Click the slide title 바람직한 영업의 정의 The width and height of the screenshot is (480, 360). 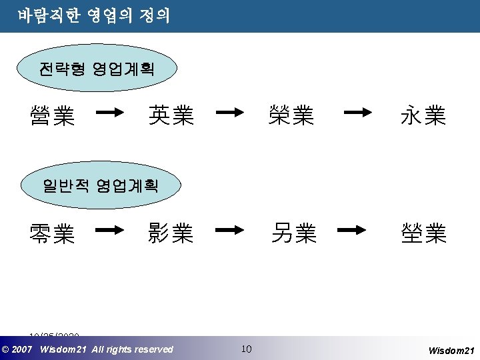pos(94,15)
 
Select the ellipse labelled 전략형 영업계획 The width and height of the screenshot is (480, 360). pos(97,68)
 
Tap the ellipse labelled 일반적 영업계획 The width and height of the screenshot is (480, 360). pos(100,186)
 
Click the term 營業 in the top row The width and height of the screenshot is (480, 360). pos(52,117)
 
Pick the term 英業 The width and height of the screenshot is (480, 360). pos(171,115)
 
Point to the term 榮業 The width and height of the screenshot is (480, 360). pos(291,115)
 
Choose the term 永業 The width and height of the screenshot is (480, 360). pos(423,117)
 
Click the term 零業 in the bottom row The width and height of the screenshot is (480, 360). pos(52,233)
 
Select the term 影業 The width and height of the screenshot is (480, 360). pos(171,233)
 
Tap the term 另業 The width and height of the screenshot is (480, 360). pos(293,233)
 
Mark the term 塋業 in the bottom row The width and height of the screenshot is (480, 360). pos(423,233)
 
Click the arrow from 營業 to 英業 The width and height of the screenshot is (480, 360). pos(111,113)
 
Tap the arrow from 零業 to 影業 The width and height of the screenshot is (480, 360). pos(111,231)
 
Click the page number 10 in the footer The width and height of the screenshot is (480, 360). pos(246,349)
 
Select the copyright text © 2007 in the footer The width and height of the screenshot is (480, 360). pos(17,349)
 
